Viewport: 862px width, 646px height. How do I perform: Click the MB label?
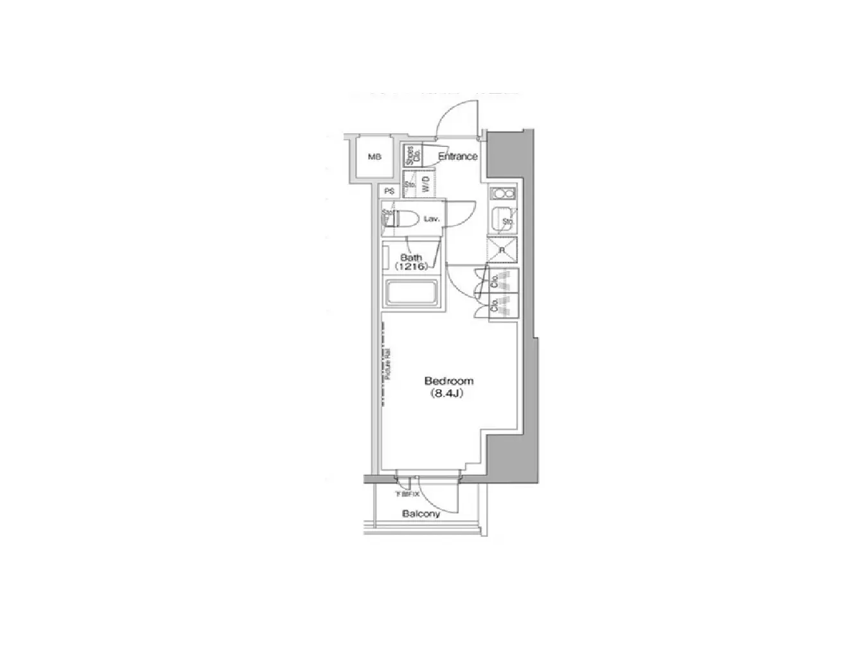[x=374, y=157]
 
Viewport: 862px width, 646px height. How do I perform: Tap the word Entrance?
[x=458, y=156]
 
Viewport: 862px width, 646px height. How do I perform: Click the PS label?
[x=389, y=191]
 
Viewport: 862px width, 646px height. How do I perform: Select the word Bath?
[x=411, y=258]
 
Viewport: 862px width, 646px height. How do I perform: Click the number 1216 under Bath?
[x=411, y=266]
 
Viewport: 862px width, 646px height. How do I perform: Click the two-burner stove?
[x=502, y=195]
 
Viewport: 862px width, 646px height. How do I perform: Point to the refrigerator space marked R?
[x=502, y=250]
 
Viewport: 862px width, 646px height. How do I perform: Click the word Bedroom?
[x=449, y=381]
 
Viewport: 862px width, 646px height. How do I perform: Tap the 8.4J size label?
[x=444, y=394]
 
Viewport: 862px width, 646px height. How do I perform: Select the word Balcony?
[x=421, y=514]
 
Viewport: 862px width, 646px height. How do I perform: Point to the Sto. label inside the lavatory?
[x=387, y=213]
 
